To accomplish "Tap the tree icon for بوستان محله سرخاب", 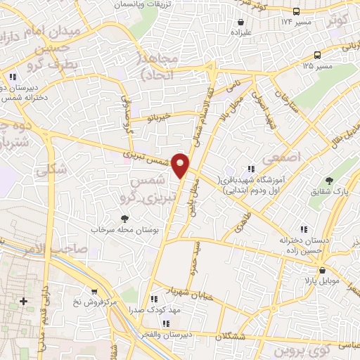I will point(125,219).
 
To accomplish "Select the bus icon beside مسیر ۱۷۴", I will point(296,11).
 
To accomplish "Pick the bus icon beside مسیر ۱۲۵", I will point(318,55).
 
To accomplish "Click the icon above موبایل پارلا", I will point(321,270).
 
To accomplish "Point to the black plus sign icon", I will point(23,301).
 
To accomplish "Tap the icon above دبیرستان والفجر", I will point(166,323).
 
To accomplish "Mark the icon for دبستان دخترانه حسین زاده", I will point(304,229).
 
